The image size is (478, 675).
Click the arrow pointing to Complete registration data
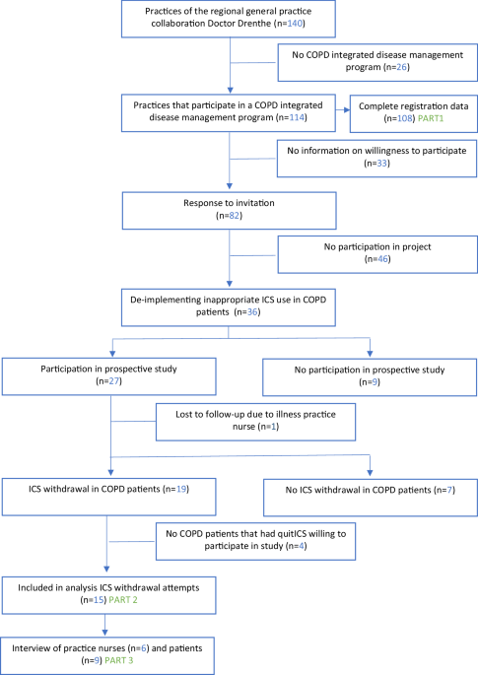[x=347, y=109]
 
